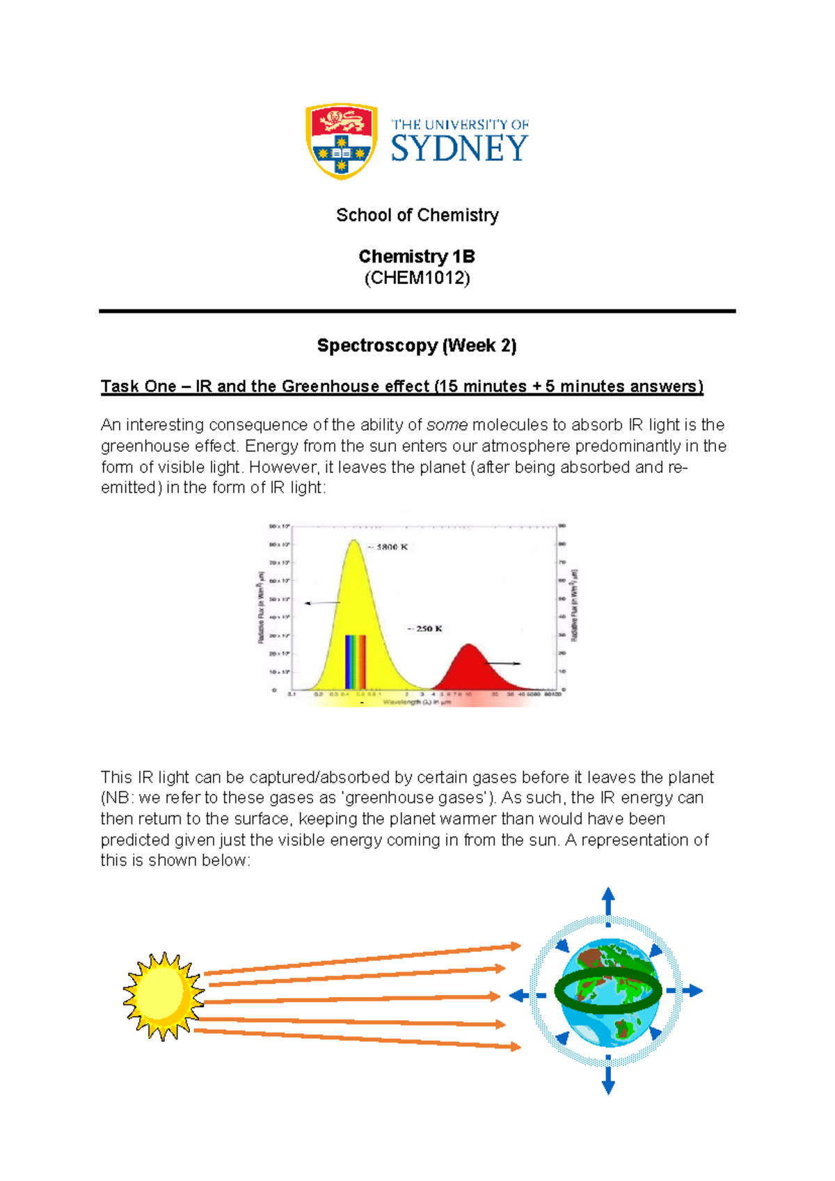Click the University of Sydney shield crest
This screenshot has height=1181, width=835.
coord(341,141)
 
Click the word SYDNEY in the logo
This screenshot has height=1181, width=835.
coord(459,149)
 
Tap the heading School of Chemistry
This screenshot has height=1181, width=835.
coord(417,215)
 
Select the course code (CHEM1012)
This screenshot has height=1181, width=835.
coord(417,279)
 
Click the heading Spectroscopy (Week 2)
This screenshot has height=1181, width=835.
coord(417,345)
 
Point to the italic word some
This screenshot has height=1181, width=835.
coord(447,425)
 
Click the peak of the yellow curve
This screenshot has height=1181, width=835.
coord(354,542)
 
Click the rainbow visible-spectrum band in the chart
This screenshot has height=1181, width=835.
coord(355,662)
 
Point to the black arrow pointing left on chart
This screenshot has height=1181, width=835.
coord(321,603)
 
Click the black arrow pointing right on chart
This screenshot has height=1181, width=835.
coord(502,664)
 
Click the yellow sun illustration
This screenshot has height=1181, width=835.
coord(163,996)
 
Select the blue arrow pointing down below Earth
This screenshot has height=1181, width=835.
coord(608,1081)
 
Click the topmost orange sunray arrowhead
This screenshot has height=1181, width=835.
coord(516,946)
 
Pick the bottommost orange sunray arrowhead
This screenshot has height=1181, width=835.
coord(516,1047)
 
